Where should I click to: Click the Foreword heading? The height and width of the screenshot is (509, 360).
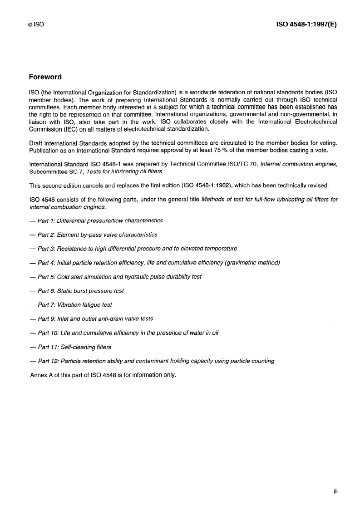[x=45, y=77]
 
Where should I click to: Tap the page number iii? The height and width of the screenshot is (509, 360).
[x=336, y=491]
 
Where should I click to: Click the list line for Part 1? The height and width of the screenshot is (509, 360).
[x=96, y=220]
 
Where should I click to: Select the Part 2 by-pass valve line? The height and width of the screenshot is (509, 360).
[x=93, y=235]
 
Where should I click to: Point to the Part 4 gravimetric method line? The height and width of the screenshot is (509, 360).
[x=154, y=263]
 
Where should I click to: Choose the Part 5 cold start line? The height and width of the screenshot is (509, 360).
[x=115, y=277]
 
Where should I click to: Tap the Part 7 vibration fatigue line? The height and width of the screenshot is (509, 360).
[x=70, y=305]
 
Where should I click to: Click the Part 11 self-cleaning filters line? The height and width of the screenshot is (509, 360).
[x=70, y=347]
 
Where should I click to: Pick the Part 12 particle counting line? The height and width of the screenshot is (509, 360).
[x=152, y=361]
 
